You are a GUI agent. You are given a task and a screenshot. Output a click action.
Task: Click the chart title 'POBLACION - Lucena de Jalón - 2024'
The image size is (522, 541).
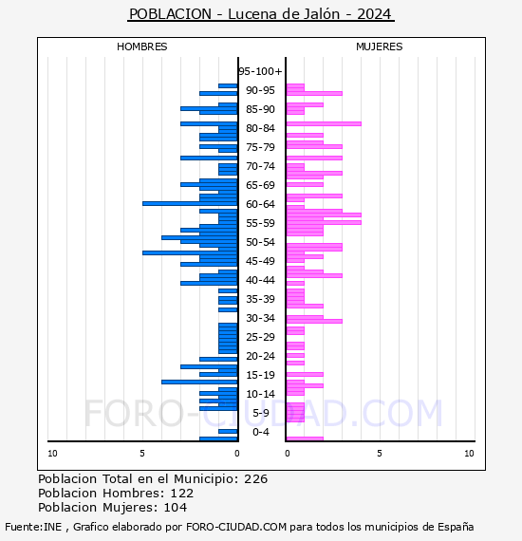tap(260, 14)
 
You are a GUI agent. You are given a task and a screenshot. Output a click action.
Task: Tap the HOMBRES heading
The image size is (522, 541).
tap(141, 47)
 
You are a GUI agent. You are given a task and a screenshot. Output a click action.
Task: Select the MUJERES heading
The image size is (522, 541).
tap(380, 47)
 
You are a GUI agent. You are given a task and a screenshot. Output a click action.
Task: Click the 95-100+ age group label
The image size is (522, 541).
tap(260, 71)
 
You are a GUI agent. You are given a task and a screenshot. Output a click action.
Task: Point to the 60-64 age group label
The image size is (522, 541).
tap(260, 204)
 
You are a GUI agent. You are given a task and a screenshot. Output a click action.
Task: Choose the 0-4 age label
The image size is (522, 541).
tap(260, 432)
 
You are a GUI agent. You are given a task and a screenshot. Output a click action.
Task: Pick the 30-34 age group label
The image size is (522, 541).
tap(260, 318)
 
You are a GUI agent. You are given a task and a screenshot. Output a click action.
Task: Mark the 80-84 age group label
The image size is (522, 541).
tap(260, 128)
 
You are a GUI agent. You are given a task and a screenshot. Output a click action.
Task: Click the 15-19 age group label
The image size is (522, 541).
tap(260, 375)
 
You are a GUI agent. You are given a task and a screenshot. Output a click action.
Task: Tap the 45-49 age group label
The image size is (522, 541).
tap(260, 261)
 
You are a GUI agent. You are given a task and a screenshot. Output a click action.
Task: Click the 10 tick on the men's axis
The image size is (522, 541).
tap(52, 454)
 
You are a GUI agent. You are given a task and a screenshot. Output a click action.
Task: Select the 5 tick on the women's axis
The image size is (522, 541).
tap(380, 454)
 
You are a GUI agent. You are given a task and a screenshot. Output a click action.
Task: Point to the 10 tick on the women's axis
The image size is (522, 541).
tap(469, 454)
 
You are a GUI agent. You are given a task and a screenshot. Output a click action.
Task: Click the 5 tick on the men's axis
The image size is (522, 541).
tap(142, 454)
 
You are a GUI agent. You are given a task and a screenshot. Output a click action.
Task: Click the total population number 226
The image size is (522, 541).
tap(255, 479)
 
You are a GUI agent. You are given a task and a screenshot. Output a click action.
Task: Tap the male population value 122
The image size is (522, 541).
tap(182, 494)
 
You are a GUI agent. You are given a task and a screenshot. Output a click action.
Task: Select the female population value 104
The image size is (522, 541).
tap(176, 508)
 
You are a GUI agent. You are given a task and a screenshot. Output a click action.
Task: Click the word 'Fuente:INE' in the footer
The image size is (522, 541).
tap(33, 527)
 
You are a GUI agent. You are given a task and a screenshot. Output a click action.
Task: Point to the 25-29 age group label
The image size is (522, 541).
tap(260, 337)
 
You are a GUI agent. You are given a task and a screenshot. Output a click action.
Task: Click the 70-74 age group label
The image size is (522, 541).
tap(260, 166)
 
